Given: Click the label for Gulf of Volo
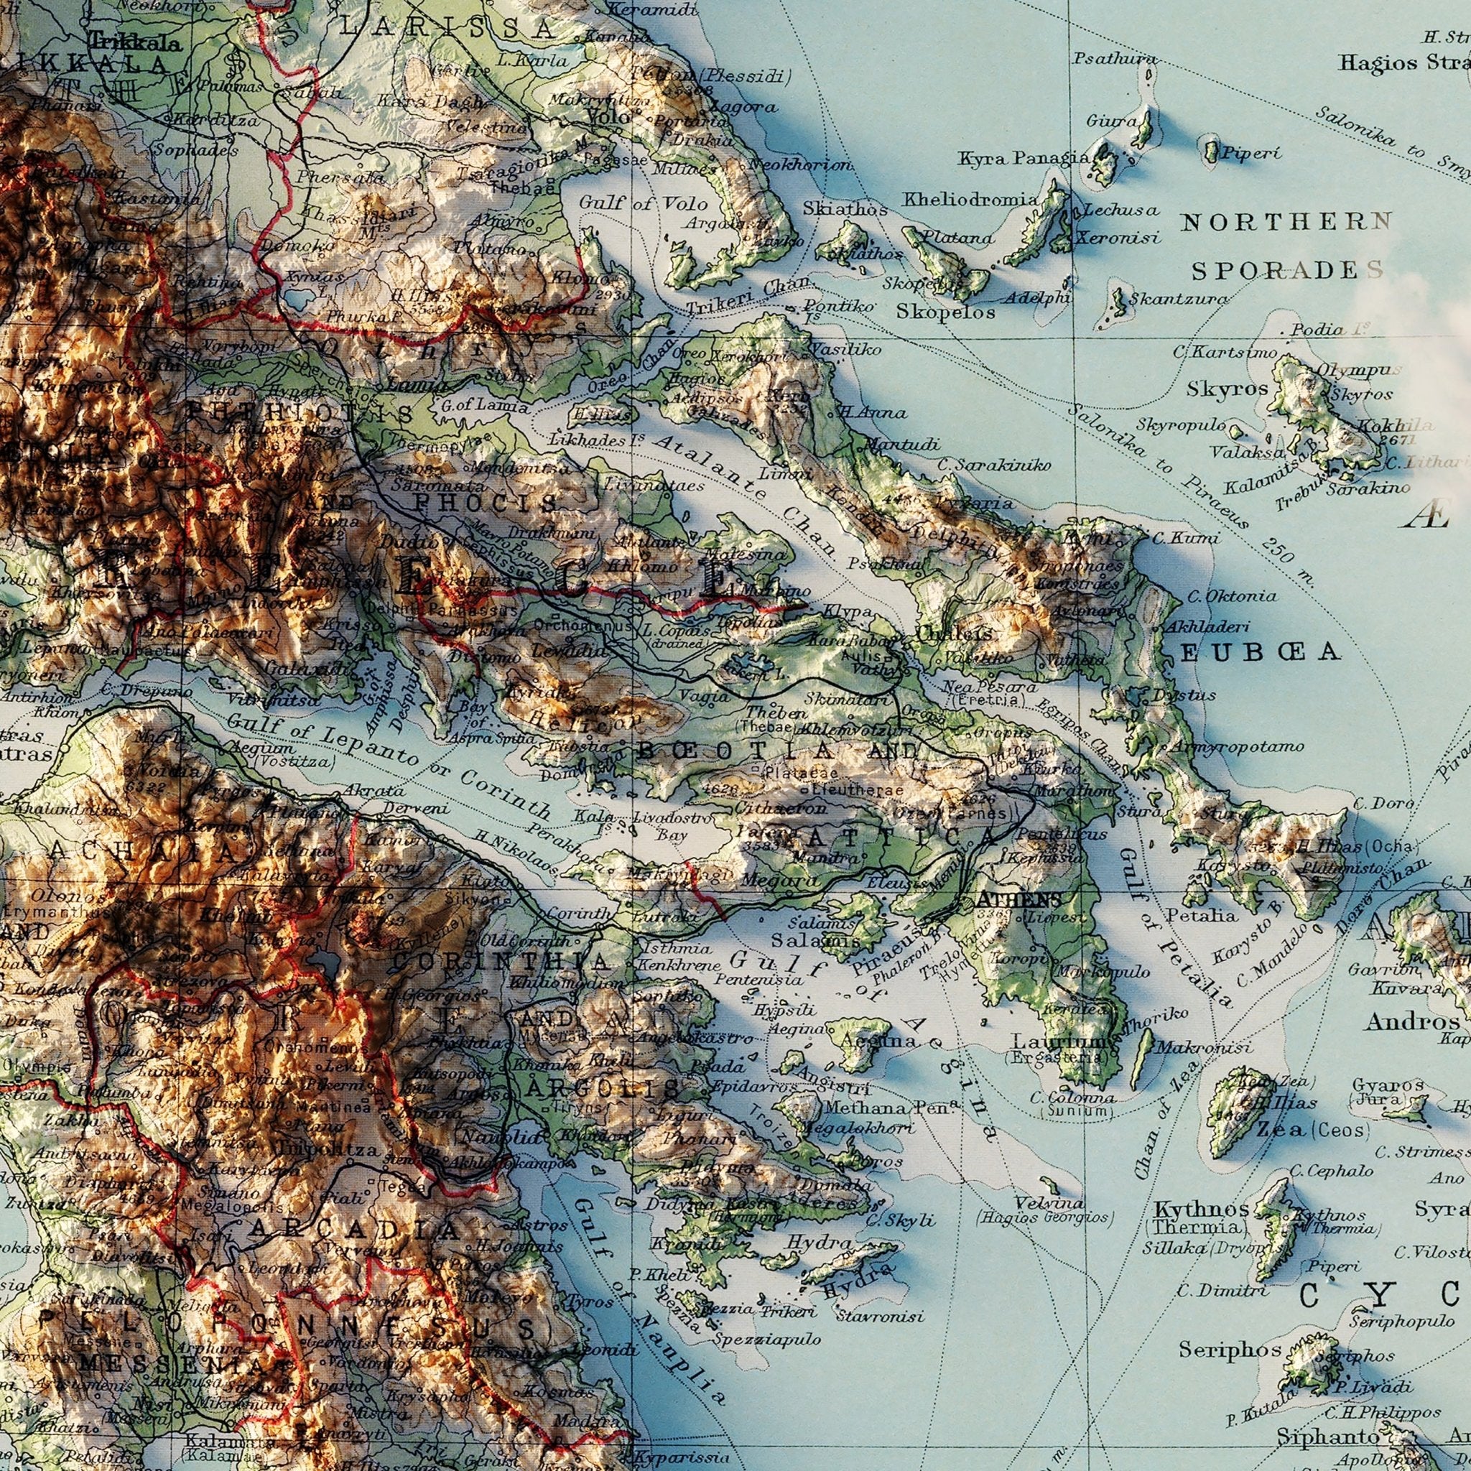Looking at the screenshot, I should tap(644, 204).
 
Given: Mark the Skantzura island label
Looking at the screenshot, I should tap(1179, 300).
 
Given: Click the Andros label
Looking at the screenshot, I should tap(1412, 1021).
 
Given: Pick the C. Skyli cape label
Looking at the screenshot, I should tap(901, 1220).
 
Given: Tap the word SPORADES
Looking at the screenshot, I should tap(1286, 270).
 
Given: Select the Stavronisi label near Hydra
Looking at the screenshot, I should tap(879, 1317).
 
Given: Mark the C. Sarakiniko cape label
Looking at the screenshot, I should tap(993, 465).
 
